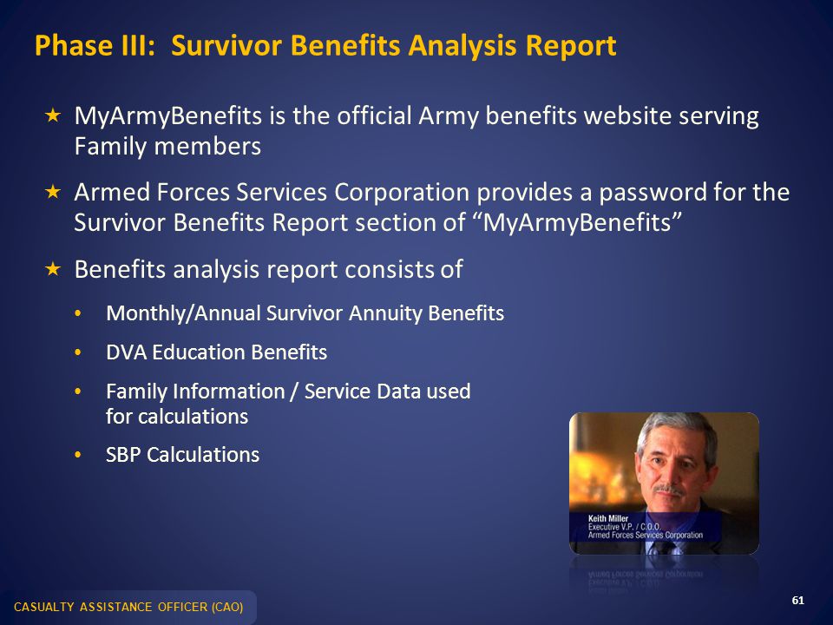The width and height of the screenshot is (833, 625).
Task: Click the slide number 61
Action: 798,601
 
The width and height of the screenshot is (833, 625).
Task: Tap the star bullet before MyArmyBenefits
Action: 53,115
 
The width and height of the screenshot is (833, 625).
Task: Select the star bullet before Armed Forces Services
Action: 53,192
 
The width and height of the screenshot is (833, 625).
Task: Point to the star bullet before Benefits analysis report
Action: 53,269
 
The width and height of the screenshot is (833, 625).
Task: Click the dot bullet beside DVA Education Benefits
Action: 78,352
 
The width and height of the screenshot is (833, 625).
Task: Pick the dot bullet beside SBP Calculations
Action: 78,455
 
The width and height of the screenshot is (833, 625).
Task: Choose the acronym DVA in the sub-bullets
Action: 126,352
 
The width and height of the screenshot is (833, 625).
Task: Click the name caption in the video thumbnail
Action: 607,518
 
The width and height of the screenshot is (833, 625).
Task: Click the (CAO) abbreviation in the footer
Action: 227,607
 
